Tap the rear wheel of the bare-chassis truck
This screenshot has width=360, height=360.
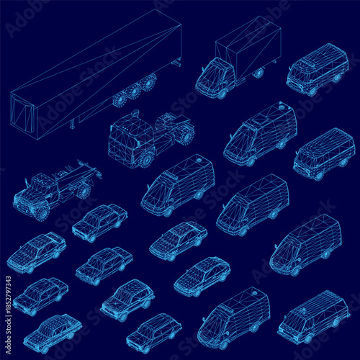[x=84, y=191]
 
